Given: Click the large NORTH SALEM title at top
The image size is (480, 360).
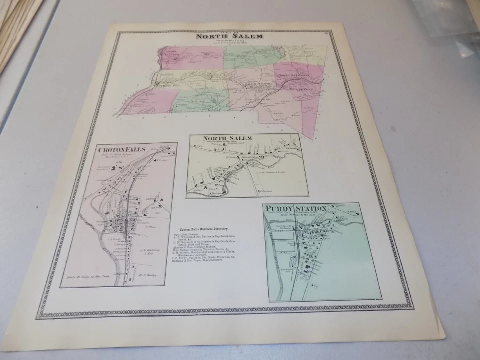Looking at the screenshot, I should point(229,36).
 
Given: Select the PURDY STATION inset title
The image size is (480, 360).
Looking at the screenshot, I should point(296,208).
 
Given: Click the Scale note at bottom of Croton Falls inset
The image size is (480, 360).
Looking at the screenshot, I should point(85,277).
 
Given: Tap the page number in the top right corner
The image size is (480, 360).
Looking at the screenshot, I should point(325,33).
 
